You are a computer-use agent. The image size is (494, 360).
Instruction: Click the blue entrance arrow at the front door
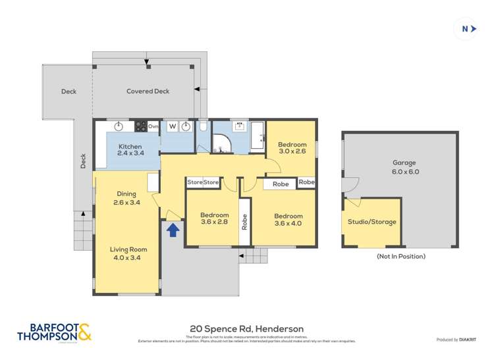point(173,230)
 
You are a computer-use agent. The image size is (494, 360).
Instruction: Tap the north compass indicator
point(468,28)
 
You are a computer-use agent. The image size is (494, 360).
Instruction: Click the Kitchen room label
point(130,149)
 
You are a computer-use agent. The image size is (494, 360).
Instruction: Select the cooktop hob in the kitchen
point(140,126)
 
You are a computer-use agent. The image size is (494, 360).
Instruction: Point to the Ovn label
point(153,126)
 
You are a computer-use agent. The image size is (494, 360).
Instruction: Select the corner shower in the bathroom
point(220,143)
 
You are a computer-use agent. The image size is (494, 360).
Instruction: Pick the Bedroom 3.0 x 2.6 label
point(292,148)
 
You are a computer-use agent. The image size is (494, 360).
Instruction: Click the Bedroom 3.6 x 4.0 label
point(288,219)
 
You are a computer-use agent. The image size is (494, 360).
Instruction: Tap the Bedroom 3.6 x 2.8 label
point(214,219)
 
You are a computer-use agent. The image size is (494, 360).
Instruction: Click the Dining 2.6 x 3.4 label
point(126,197)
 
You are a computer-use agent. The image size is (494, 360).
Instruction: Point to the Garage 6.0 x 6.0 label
point(406,167)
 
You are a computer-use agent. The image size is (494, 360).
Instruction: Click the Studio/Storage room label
point(373,222)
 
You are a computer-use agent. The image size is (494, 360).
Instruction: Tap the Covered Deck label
point(148,91)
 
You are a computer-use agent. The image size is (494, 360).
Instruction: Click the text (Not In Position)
point(400,256)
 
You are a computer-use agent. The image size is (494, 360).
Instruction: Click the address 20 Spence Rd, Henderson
point(246,328)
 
